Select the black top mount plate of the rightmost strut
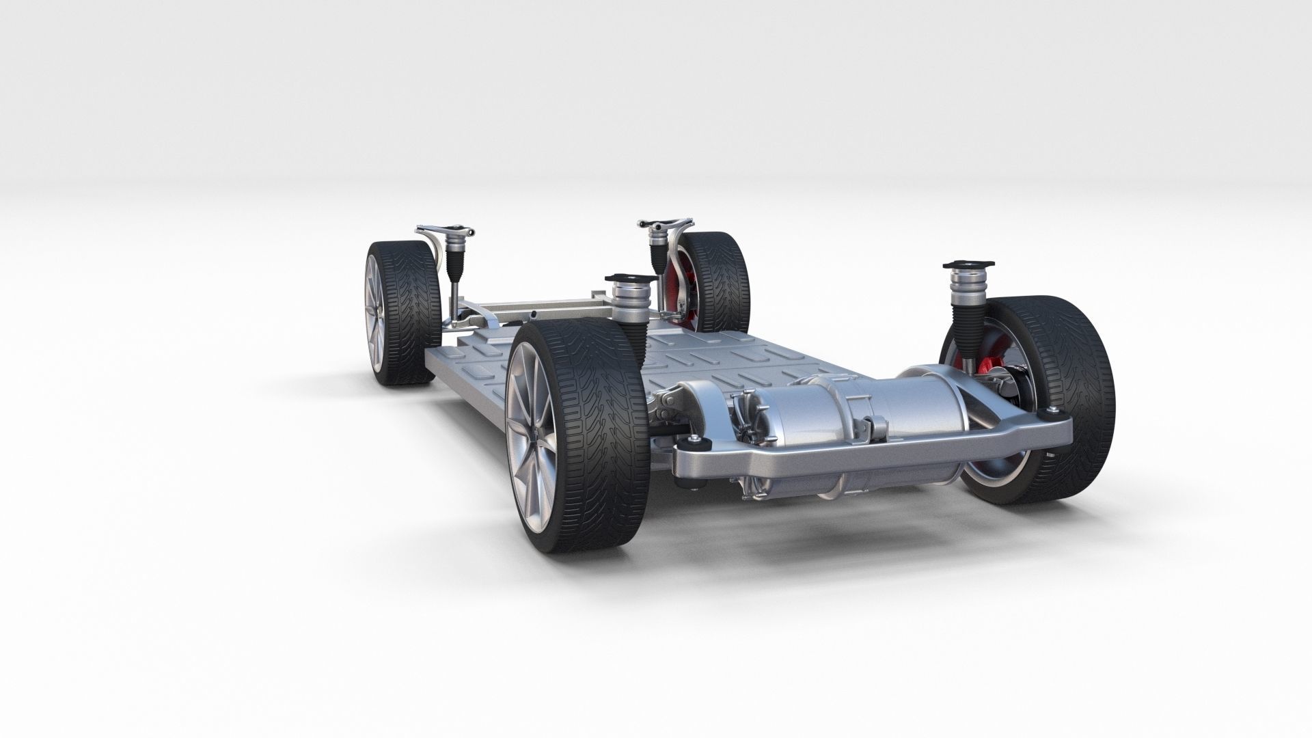[x=966, y=264]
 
